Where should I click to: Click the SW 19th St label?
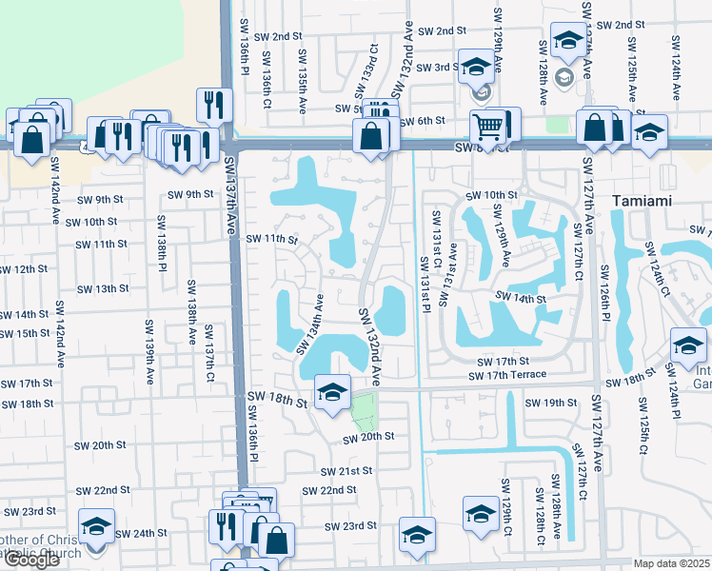pos(551,404)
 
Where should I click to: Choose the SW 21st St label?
pos(344,472)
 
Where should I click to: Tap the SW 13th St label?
pos(103,289)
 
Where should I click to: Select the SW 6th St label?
pos(424,121)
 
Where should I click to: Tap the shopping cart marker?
pos(487,126)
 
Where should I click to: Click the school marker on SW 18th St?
pos(331,393)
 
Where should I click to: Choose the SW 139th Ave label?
pos(149,352)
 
